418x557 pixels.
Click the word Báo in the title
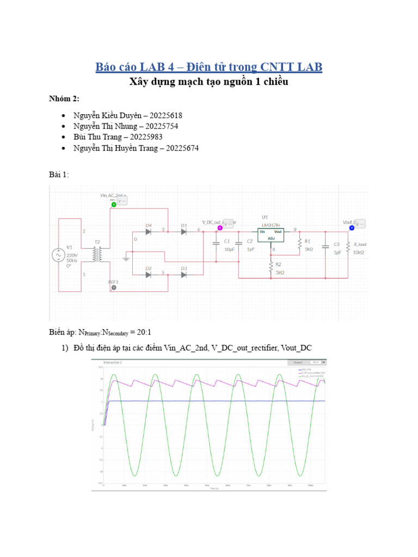click(x=107, y=67)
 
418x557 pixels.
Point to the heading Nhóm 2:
click(x=64, y=98)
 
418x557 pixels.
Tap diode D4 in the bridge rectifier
click(x=148, y=232)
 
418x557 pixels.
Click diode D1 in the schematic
click(x=183, y=232)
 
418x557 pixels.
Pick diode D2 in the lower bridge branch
click(x=148, y=275)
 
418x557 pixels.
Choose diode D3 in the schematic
click(x=183, y=275)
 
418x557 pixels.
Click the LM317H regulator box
click(x=271, y=234)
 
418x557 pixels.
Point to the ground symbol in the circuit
click(x=126, y=259)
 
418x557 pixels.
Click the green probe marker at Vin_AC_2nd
click(x=114, y=205)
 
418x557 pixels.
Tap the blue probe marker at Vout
click(x=352, y=227)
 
